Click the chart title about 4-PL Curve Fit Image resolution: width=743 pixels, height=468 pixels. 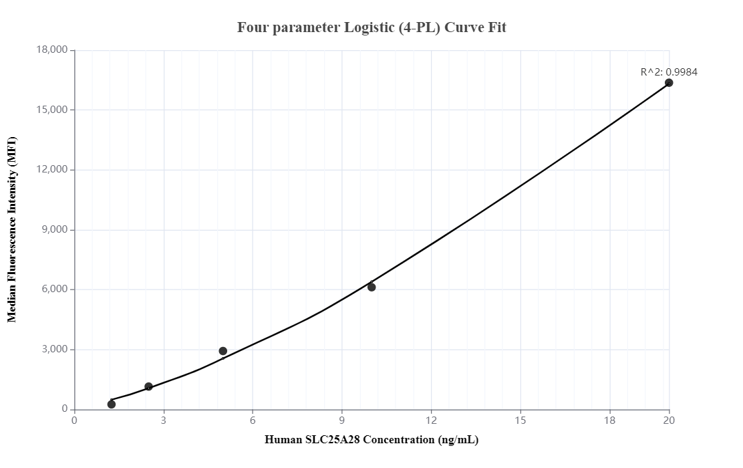[x=371, y=27]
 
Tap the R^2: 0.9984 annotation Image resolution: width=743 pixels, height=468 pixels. [x=668, y=72]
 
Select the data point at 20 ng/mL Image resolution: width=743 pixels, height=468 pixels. [x=669, y=83]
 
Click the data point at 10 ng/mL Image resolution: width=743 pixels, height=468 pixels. [x=371, y=287]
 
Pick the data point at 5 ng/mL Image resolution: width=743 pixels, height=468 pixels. [x=223, y=351]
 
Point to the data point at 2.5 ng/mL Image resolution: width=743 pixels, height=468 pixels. [x=148, y=386]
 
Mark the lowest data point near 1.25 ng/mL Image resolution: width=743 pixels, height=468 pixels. [x=112, y=404]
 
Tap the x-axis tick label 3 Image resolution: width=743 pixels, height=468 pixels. [x=164, y=421]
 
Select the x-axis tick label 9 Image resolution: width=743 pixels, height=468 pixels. [x=342, y=421]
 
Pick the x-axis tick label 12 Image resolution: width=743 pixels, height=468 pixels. [x=431, y=421]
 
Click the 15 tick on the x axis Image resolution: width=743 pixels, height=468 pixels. [x=521, y=421]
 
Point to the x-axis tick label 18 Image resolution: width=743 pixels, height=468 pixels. [x=609, y=421]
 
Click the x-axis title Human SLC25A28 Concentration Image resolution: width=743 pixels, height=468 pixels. [x=371, y=440]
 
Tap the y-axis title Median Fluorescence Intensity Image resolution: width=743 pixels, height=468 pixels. [x=12, y=229]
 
